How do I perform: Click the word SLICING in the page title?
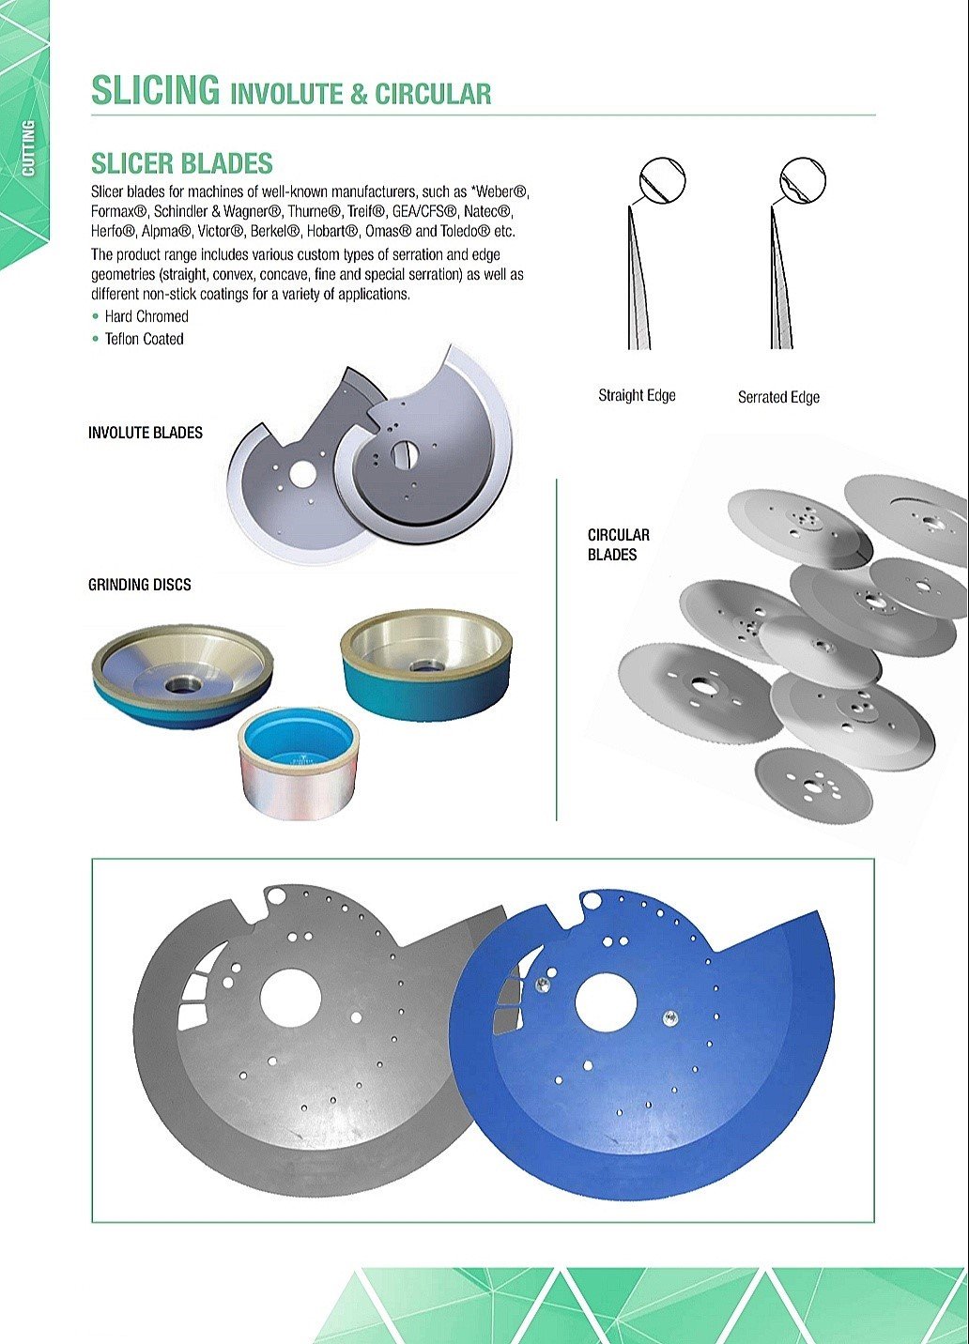(155, 91)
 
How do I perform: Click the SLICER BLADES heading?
(181, 163)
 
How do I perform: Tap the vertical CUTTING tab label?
(28, 147)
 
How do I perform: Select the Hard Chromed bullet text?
(146, 316)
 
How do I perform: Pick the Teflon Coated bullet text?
(144, 339)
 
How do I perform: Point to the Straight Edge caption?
(637, 395)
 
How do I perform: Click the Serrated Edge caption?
(778, 397)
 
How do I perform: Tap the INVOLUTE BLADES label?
(146, 433)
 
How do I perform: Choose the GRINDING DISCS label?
(140, 585)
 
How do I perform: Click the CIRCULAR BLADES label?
(618, 544)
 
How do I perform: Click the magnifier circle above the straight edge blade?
(662, 180)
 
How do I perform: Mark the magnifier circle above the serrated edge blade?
(804, 180)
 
